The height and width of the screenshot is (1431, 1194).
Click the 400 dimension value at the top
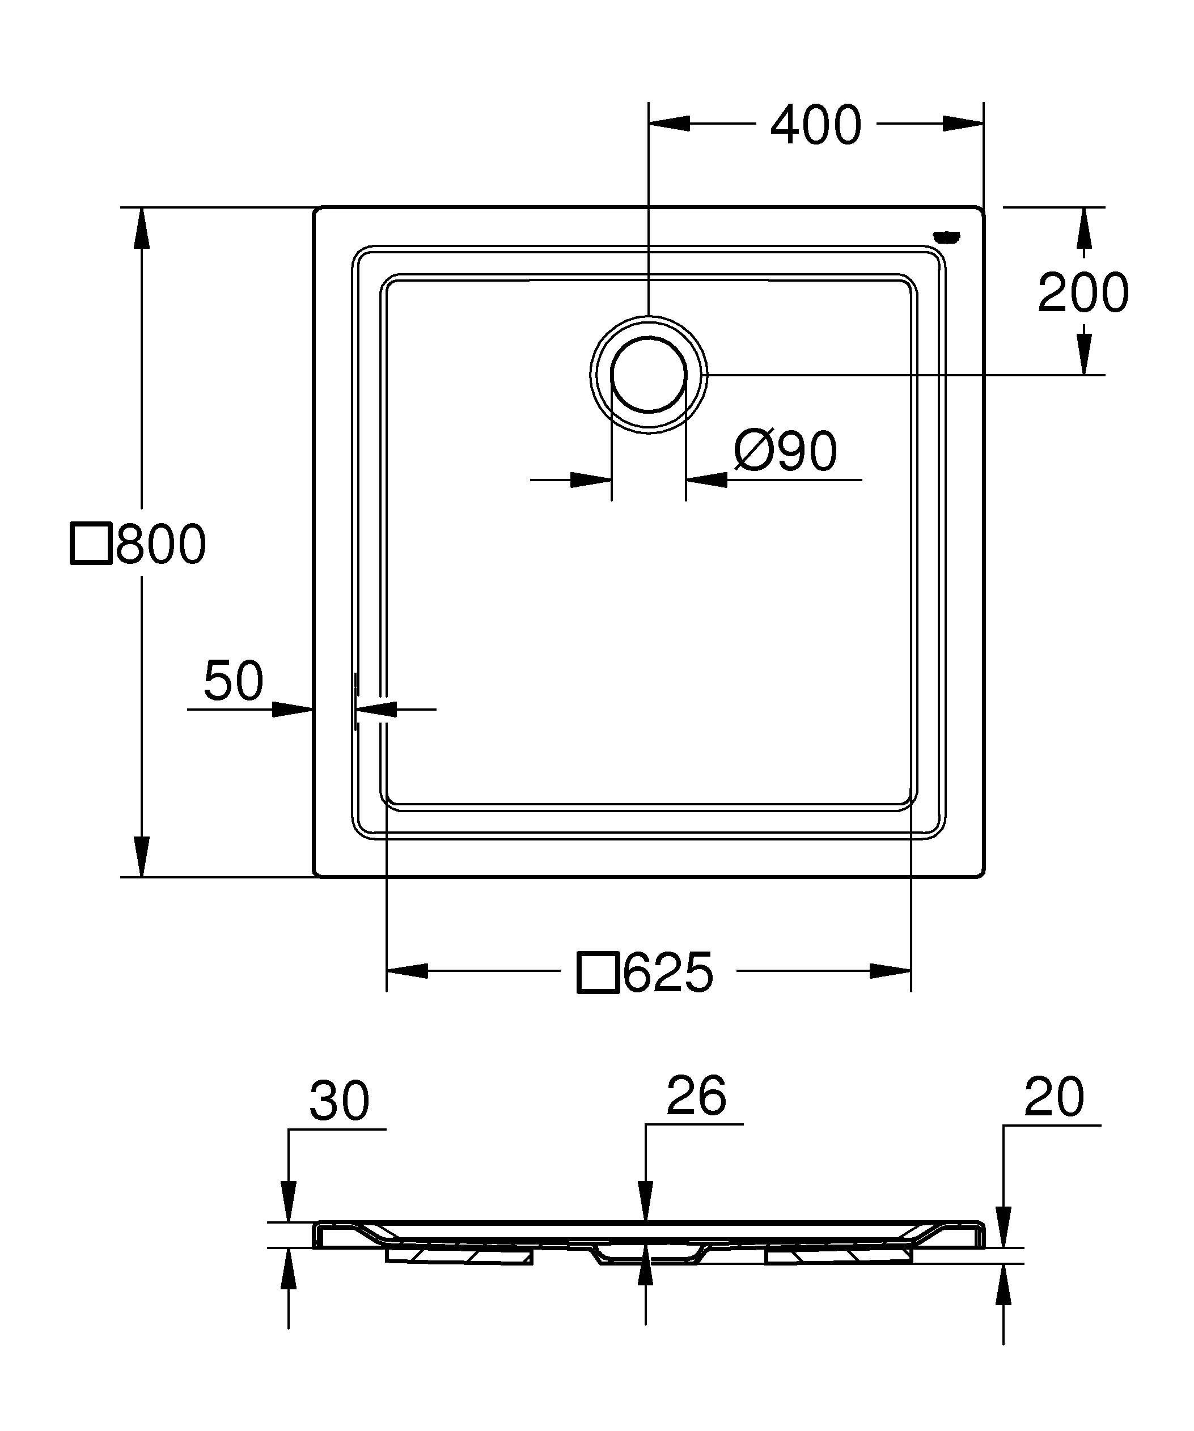(816, 125)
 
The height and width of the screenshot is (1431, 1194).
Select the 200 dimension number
(1083, 293)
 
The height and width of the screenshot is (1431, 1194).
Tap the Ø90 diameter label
(785, 451)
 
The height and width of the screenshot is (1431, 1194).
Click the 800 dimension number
(161, 544)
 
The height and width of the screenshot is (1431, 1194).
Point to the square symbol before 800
(91, 544)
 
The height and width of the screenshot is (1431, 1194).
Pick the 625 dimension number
(668, 973)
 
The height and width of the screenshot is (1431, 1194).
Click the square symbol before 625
(598, 973)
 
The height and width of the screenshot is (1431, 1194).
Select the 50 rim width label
(233, 681)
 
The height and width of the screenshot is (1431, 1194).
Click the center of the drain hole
(649, 375)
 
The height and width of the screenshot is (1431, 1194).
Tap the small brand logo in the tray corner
(947, 236)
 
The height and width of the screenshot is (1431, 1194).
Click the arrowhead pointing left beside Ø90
(706, 479)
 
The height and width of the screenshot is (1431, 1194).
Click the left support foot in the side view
(459, 1255)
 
